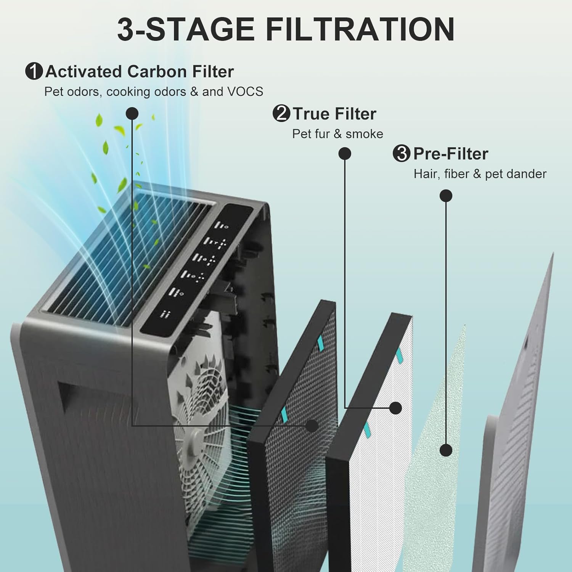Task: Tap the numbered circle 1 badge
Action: click(34, 72)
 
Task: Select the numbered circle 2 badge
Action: click(281, 114)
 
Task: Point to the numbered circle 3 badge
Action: click(401, 154)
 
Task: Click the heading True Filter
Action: click(334, 114)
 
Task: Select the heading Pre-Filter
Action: click(450, 154)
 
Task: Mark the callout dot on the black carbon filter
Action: click(312, 426)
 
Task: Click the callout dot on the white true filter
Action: click(396, 408)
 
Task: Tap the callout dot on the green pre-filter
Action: click(446, 450)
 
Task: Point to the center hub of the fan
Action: click(197, 438)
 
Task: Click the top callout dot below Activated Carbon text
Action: click(132, 113)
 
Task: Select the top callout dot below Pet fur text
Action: click(345, 154)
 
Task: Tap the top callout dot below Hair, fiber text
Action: click(446, 196)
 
